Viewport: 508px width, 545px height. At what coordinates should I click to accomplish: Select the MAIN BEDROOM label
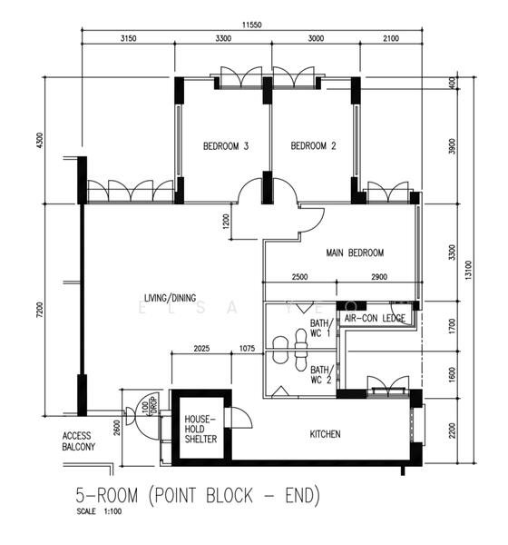(x=355, y=253)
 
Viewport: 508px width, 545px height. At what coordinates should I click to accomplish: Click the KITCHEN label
(x=324, y=434)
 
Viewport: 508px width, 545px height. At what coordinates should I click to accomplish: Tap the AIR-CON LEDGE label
(x=375, y=318)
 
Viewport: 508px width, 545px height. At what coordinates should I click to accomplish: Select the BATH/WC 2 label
(x=321, y=375)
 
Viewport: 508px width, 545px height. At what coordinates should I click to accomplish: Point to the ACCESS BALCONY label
(x=79, y=441)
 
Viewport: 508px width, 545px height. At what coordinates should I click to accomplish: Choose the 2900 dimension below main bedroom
(x=379, y=277)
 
